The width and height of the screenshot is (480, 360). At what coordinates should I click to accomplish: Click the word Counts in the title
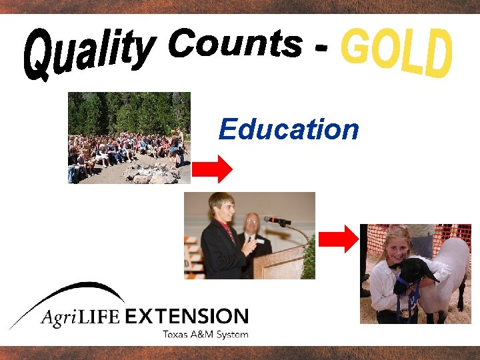point(234,45)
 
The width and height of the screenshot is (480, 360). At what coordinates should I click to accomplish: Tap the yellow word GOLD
point(397,52)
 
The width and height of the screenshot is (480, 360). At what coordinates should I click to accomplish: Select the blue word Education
point(289,129)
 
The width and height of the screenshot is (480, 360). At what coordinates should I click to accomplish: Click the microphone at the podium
point(277,220)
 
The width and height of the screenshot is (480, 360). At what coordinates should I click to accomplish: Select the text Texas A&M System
point(205,333)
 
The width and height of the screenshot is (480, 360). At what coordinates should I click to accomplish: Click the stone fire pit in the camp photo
point(148,175)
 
